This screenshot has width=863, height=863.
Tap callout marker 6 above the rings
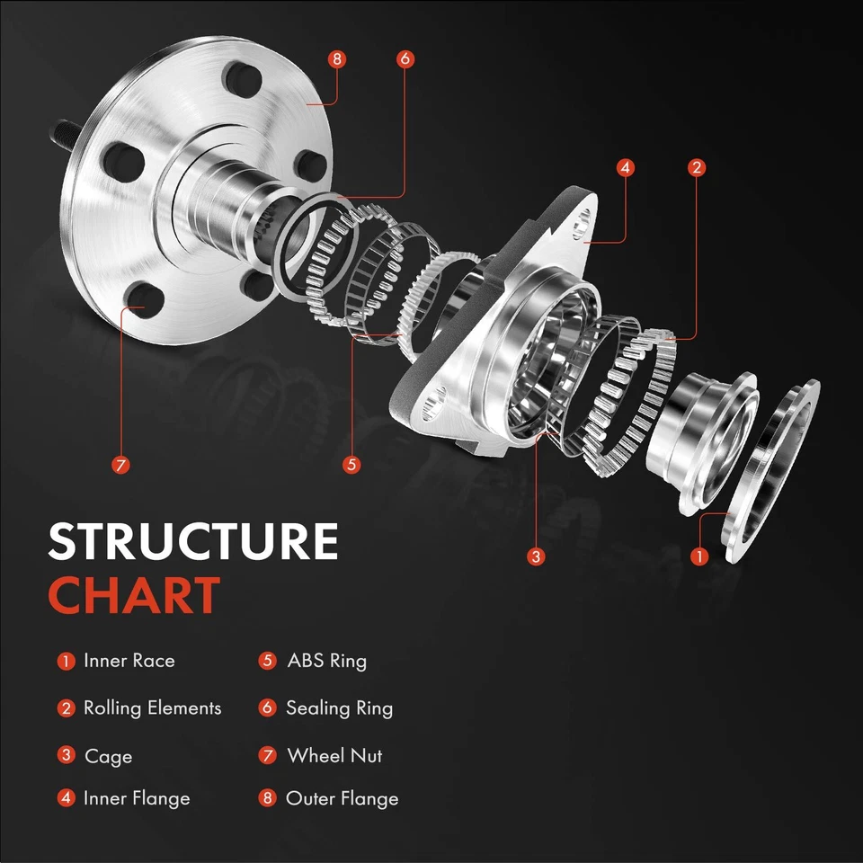(405, 59)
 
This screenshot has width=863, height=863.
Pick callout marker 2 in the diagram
(696, 167)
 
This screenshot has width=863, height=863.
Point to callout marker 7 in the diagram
(121, 465)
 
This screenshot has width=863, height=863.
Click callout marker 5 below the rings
(351, 465)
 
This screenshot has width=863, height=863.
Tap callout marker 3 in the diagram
(537, 556)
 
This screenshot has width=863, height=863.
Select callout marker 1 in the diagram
(699, 556)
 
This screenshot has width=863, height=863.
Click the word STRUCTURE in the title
(193, 542)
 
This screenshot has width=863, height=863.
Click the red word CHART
(134, 595)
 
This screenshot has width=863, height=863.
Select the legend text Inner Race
(129, 661)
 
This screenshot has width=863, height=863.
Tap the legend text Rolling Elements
(152, 708)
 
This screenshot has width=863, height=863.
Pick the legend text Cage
(108, 757)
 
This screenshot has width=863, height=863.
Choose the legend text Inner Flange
(137, 798)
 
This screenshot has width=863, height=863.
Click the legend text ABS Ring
(326, 661)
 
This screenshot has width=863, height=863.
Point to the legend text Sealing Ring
(339, 708)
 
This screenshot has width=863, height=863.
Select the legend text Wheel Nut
(334, 756)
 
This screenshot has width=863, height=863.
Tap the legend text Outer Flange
(342, 798)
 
